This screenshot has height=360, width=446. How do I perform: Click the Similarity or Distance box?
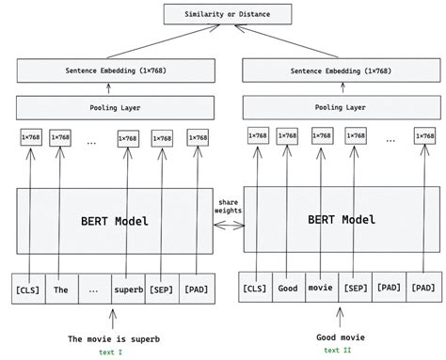pyautogui.click(x=222, y=14)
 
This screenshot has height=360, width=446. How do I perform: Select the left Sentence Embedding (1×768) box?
pyautogui.click(x=108, y=70)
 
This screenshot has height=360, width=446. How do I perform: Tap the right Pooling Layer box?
pyautogui.click(x=341, y=107)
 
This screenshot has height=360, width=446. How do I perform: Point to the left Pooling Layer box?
pyautogui.click(x=108, y=107)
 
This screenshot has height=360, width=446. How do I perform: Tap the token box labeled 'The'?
pyautogui.click(x=60, y=290)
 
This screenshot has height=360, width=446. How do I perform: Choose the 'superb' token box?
pyautogui.click(x=128, y=290)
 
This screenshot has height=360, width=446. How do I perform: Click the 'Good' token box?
pyautogui.click(x=288, y=289)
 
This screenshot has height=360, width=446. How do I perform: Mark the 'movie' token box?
pyautogui.click(x=320, y=289)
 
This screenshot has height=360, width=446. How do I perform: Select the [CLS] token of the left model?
pyautogui.click(x=27, y=290)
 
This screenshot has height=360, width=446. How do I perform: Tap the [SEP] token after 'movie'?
pyautogui.click(x=354, y=289)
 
